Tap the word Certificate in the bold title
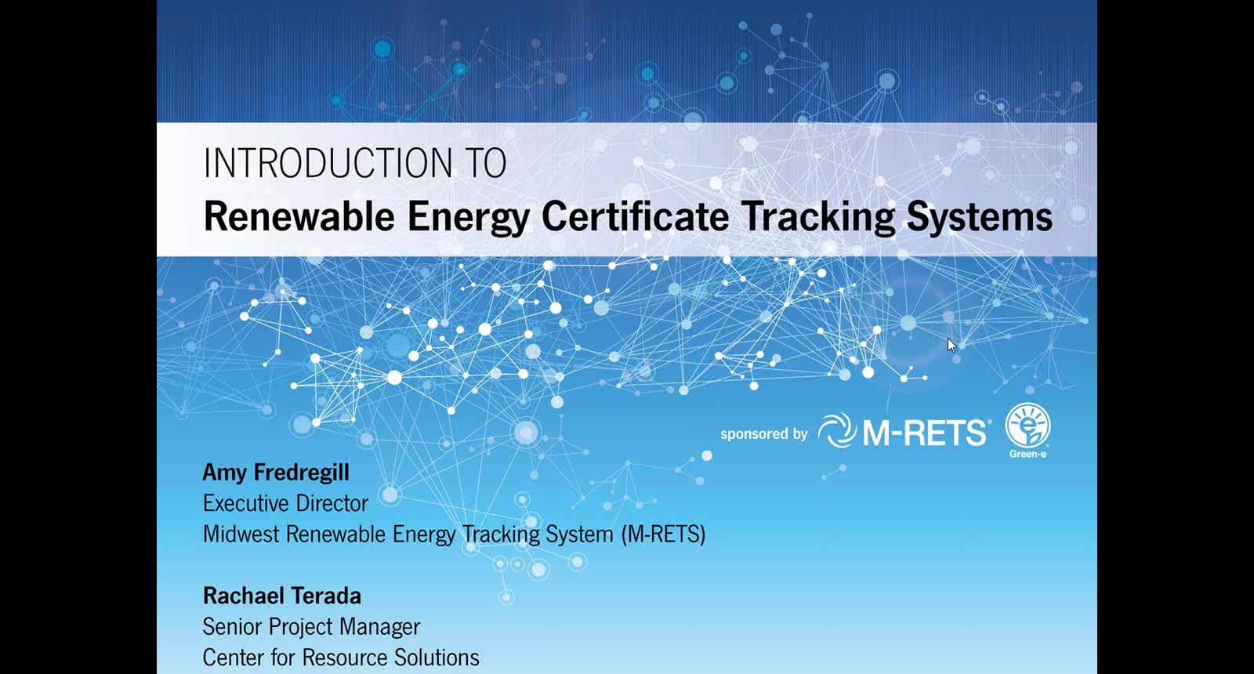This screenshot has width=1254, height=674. (x=635, y=216)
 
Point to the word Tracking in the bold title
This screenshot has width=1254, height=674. (x=818, y=216)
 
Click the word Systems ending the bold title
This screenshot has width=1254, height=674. (x=980, y=216)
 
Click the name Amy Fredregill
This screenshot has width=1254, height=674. (x=276, y=472)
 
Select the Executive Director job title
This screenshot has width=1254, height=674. (x=285, y=503)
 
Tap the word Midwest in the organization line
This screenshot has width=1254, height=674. (x=241, y=534)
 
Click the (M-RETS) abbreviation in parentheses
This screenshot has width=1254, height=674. (x=663, y=534)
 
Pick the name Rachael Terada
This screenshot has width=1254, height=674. (x=282, y=596)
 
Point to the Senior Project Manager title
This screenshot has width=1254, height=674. (x=311, y=627)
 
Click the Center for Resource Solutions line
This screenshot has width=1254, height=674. (x=341, y=658)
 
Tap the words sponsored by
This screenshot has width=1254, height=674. (x=763, y=434)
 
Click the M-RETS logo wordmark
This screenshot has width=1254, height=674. (x=925, y=433)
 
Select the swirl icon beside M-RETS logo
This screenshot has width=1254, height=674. (x=836, y=432)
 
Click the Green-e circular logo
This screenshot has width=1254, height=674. (x=1027, y=427)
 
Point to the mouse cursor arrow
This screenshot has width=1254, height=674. (x=951, y=344)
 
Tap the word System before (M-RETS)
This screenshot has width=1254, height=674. (x=579, y=534)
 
